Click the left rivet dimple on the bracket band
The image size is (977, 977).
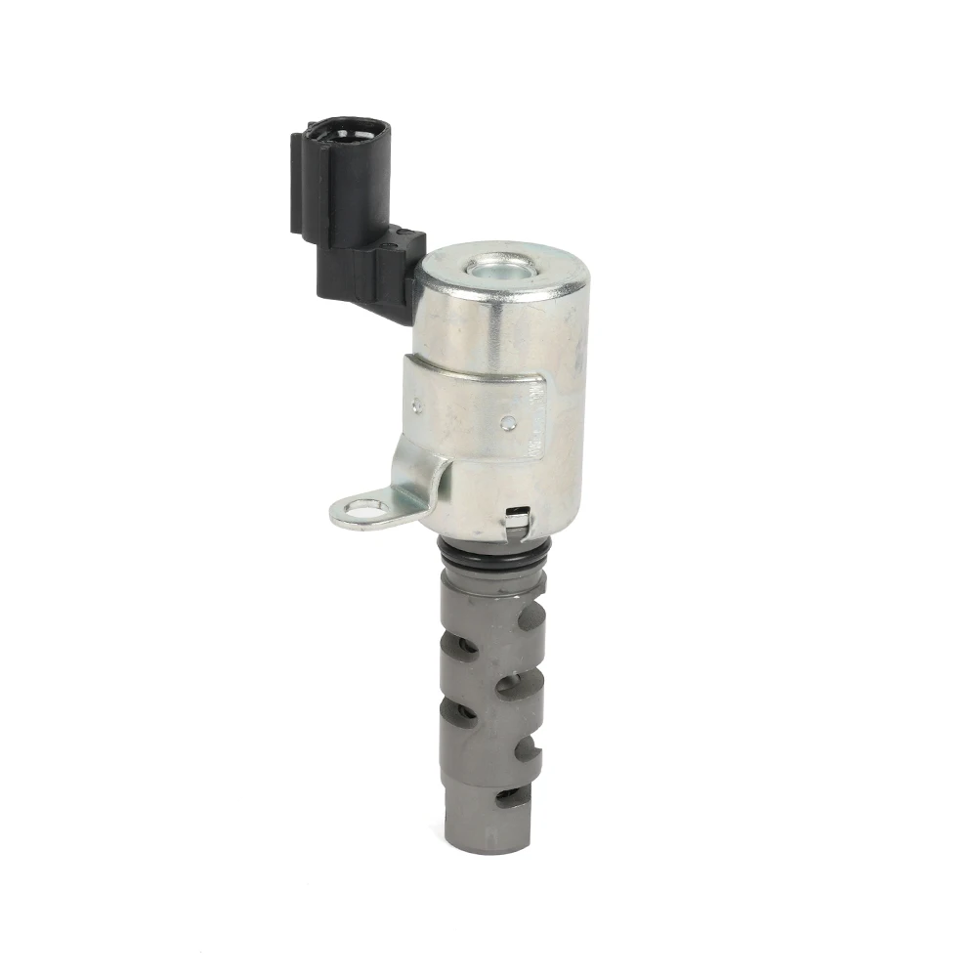417,404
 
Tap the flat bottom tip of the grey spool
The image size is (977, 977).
487,842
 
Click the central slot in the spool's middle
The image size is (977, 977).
508,686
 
